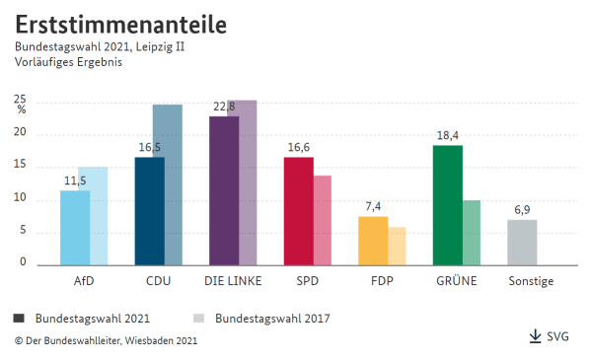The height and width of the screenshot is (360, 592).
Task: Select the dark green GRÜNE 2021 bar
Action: (447, 205)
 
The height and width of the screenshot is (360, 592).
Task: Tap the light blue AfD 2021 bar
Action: (74, 228)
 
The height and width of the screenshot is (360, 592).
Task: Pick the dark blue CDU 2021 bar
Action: (149, 211)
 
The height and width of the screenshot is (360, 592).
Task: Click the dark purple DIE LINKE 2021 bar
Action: (223, 190)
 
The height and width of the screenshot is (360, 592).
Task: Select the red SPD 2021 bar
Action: (298, 211)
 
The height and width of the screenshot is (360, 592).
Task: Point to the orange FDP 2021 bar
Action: (372, 241)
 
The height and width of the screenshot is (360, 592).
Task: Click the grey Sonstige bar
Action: (522, 243)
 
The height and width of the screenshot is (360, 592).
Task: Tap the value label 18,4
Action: (447, 136)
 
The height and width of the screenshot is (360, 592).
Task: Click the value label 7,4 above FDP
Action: (372, 207)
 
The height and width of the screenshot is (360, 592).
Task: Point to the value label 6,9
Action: (522, 210)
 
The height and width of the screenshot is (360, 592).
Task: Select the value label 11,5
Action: (75, 181)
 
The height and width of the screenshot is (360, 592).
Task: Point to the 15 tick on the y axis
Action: (20, 168)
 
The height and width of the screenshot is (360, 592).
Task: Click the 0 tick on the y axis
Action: (22, 262)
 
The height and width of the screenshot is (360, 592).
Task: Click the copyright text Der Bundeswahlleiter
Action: (106, 340)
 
